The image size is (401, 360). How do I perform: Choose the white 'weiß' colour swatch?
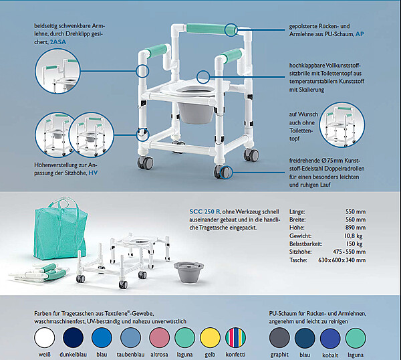pyautogui.click(x=45, y=336)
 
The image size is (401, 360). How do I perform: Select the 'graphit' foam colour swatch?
pyautogui.click(x=279, y=336)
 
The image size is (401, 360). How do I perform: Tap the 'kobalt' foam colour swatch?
pyautogui.click(x=330, y=336)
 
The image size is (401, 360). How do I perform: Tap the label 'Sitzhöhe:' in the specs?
pyautogui.click(x=302, y=252)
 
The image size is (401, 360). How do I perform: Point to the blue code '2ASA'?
pyautogui.click(x=60, y=41)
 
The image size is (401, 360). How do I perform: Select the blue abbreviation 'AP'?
pyautogui.click(x=360, y=33)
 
